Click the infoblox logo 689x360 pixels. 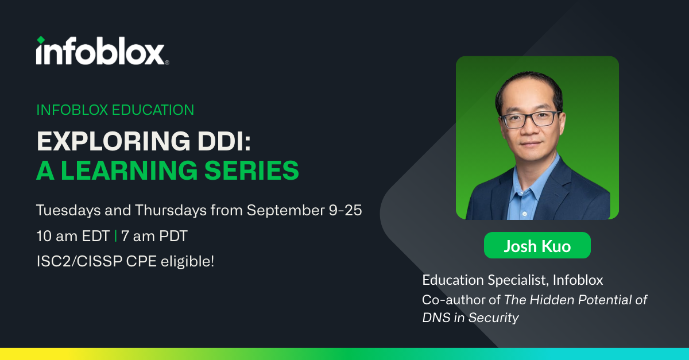(102, 51)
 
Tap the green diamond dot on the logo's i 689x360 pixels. (41, 40)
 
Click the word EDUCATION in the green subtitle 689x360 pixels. (153, 110)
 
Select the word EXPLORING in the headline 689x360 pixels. (114, 141)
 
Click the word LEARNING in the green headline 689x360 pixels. (129, 170)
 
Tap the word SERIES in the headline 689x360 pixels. (251, 170)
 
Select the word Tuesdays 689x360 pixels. (68, 211)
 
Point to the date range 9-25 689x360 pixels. (346, 211)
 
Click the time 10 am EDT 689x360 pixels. (73, 237)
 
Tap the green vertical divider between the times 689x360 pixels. (115, 237)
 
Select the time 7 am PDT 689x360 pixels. (154, 237)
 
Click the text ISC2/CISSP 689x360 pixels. (79, 262)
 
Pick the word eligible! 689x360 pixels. (187, 262)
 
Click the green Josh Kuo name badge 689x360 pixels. (537, 246)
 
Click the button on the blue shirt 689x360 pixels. (525, 214)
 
